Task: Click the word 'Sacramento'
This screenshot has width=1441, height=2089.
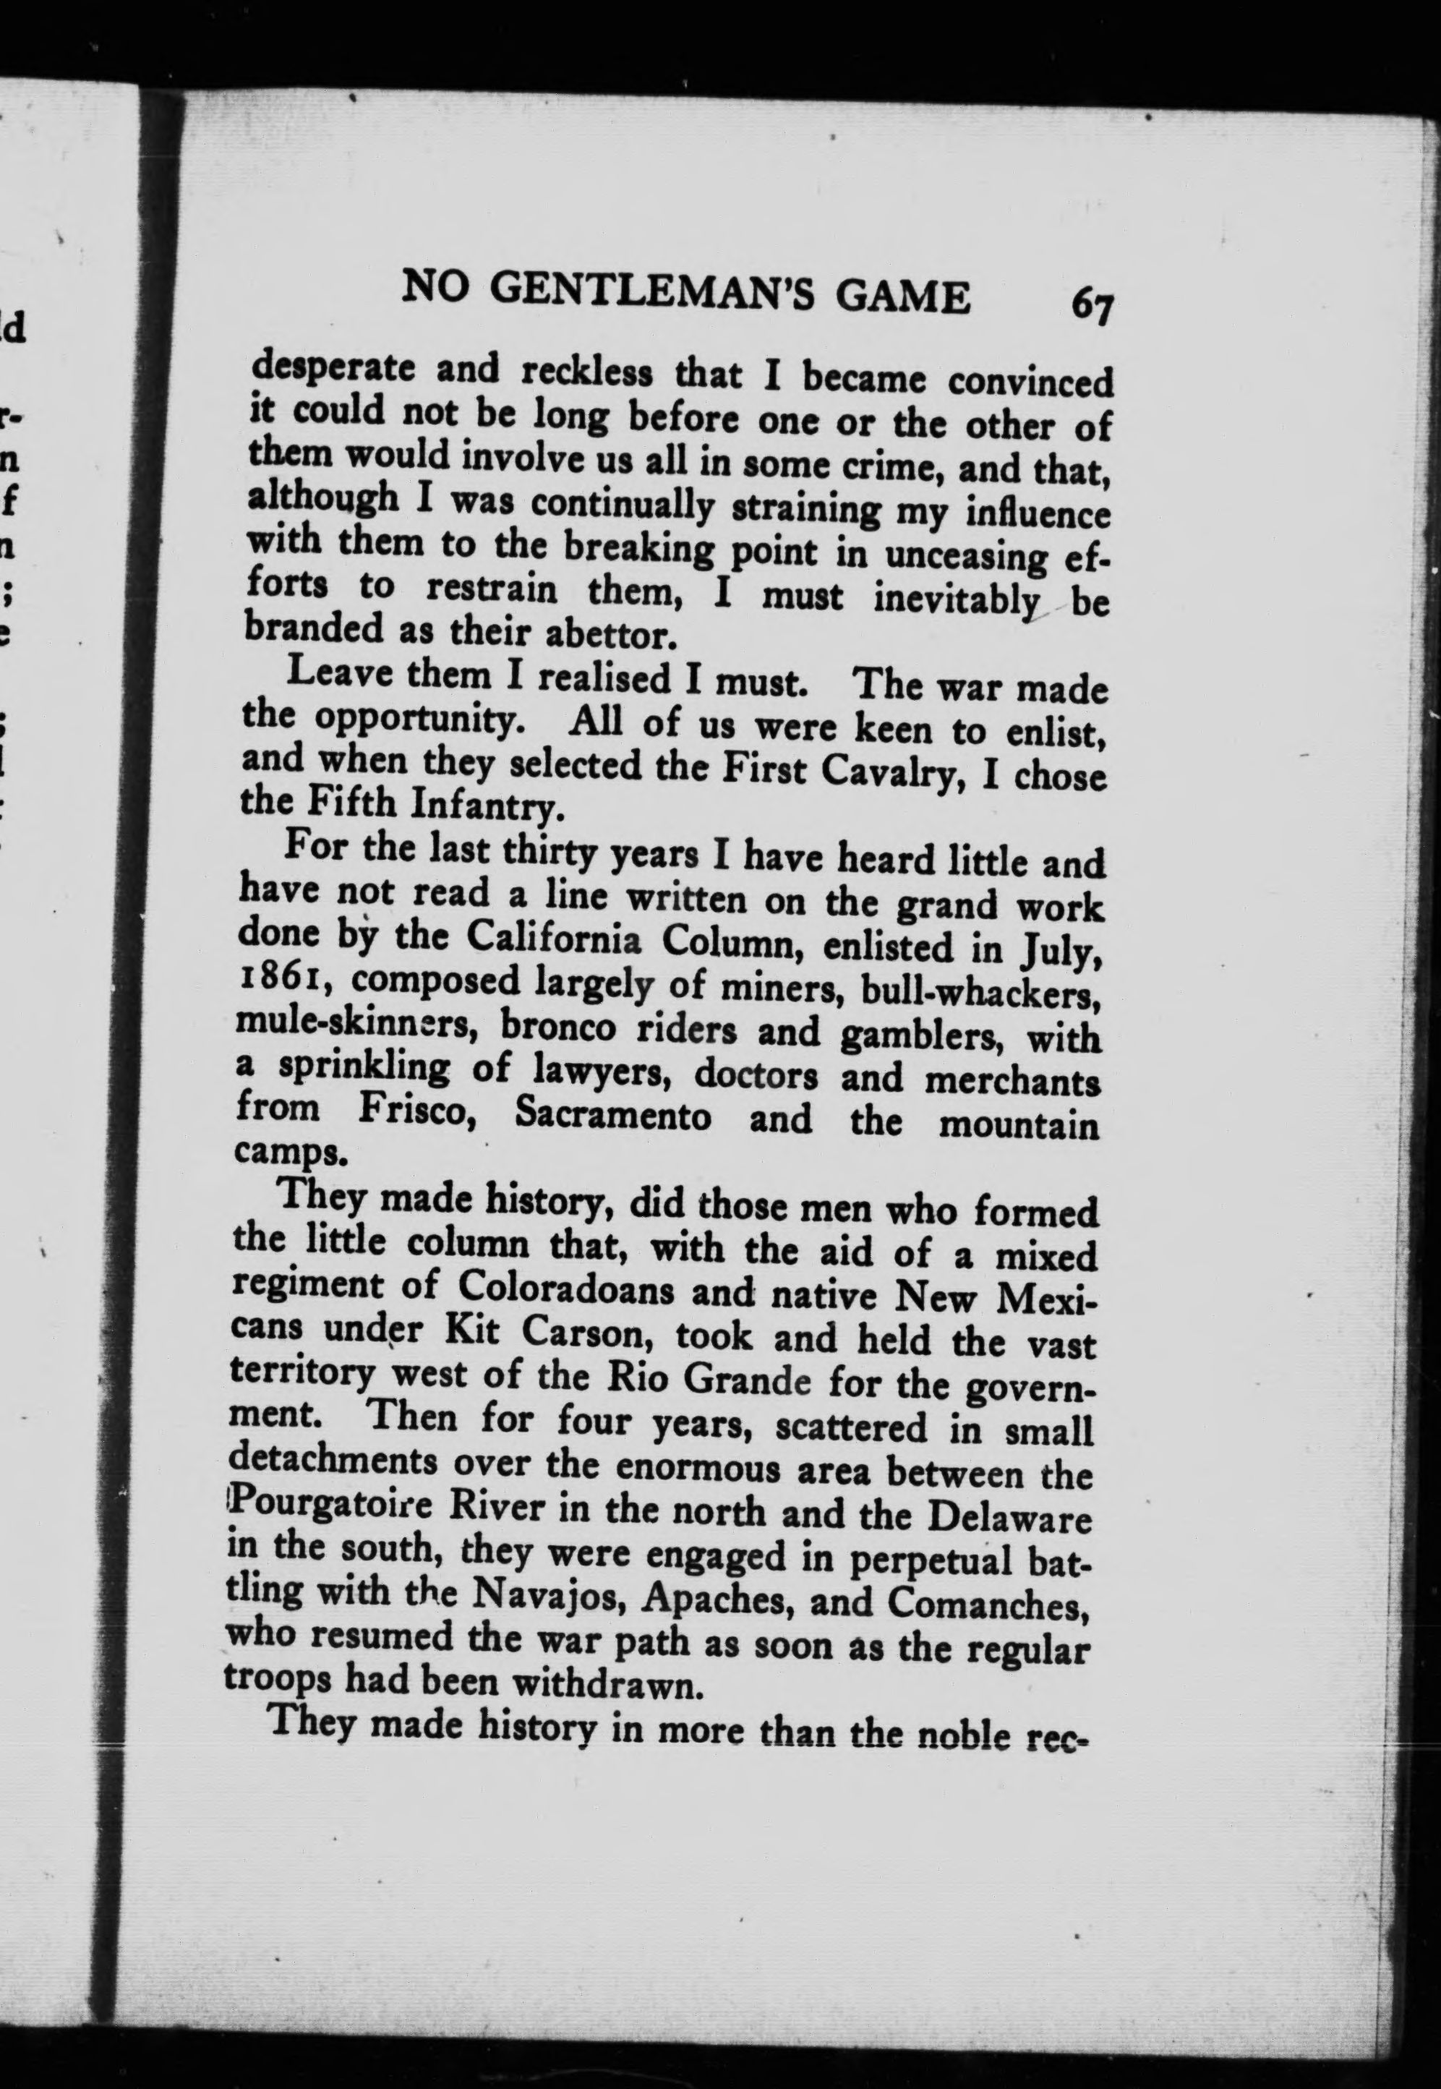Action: click(x=612, y=1115)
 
